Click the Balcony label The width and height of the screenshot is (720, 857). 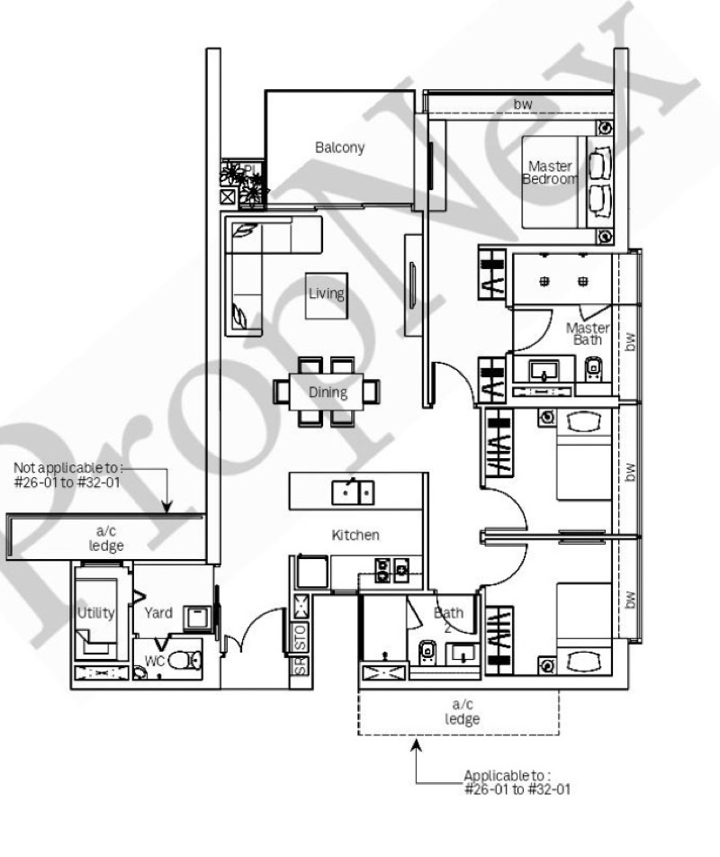339,148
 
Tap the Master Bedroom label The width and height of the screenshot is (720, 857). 550,172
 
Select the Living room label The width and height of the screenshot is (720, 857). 326,293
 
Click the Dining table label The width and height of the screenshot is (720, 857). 328,392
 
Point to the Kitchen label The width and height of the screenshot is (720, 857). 355,535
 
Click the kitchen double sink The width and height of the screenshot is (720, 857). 353,492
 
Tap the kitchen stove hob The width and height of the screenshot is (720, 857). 391,570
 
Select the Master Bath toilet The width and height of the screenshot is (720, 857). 593,369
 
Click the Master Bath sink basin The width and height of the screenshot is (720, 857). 544,371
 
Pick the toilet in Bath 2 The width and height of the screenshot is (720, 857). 427,653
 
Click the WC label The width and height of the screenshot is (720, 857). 155,662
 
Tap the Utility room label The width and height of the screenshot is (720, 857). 95,613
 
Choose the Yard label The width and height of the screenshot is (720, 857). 158,613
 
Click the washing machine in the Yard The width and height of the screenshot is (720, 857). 197,618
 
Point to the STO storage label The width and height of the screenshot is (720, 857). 301,637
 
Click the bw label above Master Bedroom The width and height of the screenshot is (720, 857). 523,104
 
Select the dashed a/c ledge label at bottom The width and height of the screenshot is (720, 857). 463,711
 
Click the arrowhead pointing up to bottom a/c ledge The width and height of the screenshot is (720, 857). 417,745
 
